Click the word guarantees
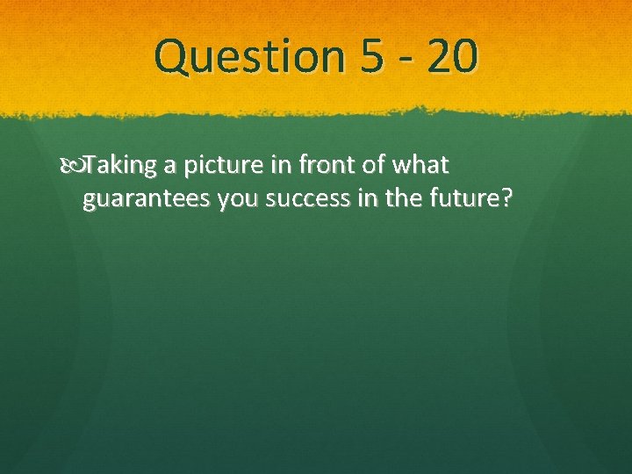pos(147,200)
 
